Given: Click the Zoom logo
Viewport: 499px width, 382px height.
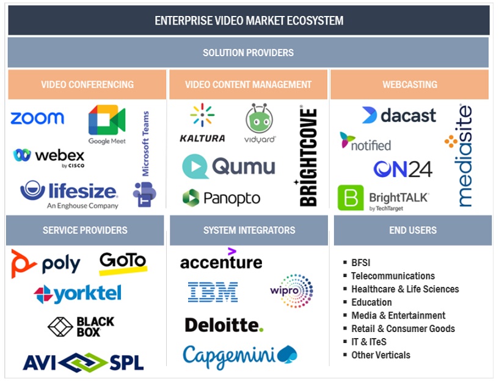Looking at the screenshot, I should click(37, 118).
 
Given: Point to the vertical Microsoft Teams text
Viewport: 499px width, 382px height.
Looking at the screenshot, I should click(145, 143).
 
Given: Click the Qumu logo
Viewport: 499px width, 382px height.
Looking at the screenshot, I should click(229, 167).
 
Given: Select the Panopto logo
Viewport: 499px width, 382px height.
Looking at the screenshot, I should click(221, 198).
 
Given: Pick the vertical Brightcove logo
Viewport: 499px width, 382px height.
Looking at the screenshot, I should click(308, 157).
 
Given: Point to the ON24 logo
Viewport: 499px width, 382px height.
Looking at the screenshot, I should click(402, 169).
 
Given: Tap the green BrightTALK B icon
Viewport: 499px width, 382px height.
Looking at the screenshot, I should click(351, 198).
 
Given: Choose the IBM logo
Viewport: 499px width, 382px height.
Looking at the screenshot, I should click(213, 292).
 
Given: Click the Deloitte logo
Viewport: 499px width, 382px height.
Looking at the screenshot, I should click(224, 325).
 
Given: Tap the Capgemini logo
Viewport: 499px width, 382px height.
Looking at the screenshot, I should click(239, 355).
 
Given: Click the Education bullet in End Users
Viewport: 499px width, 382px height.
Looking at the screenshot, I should click(371, 302).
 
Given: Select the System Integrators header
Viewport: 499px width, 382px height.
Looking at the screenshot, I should click(249, 230).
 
